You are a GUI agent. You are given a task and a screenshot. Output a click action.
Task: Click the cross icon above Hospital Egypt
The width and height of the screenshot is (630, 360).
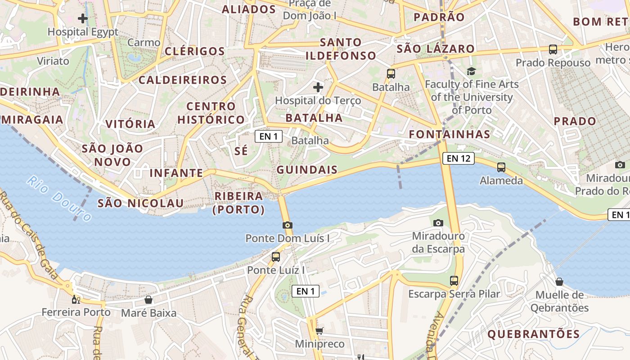(83, 18)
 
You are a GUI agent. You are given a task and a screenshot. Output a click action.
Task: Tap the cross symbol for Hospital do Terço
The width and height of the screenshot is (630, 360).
(318, 87)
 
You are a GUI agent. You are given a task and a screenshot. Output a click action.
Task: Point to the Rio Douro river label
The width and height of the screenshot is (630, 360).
(59, 199)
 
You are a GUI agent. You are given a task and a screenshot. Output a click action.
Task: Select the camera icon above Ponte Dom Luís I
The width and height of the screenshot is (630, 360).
(288, 225)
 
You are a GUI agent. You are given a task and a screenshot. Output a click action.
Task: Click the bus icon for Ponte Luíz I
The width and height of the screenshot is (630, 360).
(276, 257)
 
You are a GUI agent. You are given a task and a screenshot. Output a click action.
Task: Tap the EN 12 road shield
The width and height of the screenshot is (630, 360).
(459, 158)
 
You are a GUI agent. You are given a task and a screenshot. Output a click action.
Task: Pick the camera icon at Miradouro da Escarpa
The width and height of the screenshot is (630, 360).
(438, 223)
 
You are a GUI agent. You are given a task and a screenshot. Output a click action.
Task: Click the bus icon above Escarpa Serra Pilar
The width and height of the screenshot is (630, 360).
(454, 281)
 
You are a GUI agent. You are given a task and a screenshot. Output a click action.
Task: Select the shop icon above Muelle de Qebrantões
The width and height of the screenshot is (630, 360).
(559, 282)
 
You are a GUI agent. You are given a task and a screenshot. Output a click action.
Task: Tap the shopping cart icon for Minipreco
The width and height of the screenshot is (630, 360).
(319, 331)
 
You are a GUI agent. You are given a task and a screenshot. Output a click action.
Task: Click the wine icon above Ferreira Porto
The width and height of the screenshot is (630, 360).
(76, 299)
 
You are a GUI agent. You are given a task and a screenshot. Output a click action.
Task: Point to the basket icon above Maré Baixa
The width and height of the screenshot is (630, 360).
(148, 300)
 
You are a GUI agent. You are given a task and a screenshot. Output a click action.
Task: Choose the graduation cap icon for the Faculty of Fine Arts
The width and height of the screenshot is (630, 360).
(471, 71)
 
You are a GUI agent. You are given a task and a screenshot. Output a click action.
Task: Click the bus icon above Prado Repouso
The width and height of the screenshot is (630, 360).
(553, 49)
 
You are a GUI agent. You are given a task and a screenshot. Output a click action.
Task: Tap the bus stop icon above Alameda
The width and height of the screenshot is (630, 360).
(501, 167)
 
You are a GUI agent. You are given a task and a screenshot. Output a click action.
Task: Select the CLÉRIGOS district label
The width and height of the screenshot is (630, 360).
(194, 51)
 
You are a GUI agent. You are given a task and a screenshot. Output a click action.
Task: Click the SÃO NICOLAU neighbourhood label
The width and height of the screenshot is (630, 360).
(141, 203)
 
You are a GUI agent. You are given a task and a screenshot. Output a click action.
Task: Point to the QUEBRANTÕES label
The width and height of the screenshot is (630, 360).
(534, 334)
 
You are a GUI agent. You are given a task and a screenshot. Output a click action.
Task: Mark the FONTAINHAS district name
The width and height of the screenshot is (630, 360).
(450, 134)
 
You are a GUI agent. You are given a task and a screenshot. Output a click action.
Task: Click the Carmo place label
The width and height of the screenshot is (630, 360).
(144, 43)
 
